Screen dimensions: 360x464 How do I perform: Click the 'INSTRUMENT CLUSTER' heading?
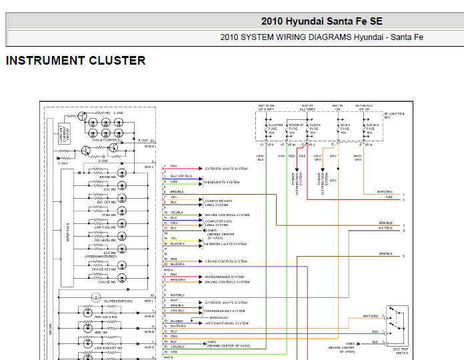pos(75,61)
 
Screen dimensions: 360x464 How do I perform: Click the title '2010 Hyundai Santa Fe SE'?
pos(321,21)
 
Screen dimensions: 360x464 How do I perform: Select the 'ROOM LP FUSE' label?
pos(295,129)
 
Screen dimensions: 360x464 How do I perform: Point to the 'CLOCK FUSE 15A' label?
pos(315,129)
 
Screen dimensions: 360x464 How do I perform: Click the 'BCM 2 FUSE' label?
pos(345,129)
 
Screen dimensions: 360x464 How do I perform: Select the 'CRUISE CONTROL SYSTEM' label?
pos(226,261)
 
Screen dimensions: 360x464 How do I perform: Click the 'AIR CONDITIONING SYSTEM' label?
pos(227,323)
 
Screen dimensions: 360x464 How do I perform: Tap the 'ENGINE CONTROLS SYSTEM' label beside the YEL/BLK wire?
pos(227,215)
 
